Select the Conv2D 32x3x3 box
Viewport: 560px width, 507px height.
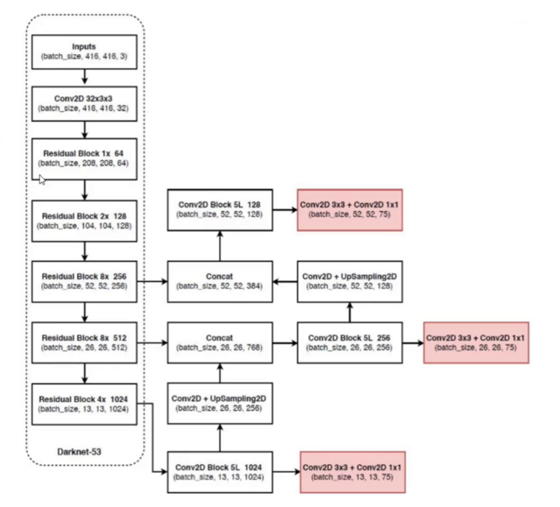(85, 104)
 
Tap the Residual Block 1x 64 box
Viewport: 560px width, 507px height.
(85, 157)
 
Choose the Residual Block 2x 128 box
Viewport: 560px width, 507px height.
(85, 219)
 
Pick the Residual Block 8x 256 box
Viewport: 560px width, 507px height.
(85, 279)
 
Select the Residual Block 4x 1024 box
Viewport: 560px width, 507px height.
(85, 402)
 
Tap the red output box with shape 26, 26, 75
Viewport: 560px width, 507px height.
(477, 342)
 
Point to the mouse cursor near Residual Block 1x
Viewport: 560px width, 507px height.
(41, 179)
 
